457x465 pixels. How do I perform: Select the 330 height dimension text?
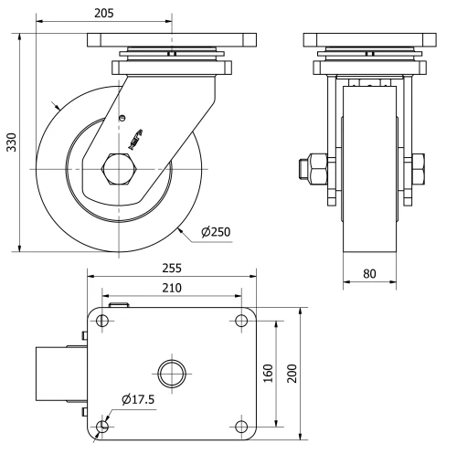(12, 142)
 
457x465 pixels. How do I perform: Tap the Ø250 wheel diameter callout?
(215, 231)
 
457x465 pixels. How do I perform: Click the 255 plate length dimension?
(172, 269)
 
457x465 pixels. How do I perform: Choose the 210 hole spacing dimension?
(171, 289)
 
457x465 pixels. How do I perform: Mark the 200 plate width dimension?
(292, 374)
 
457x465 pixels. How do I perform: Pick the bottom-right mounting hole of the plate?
(241, 427)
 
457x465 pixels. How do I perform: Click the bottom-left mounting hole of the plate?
(101, 427)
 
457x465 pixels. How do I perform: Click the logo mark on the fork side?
(135, 135)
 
